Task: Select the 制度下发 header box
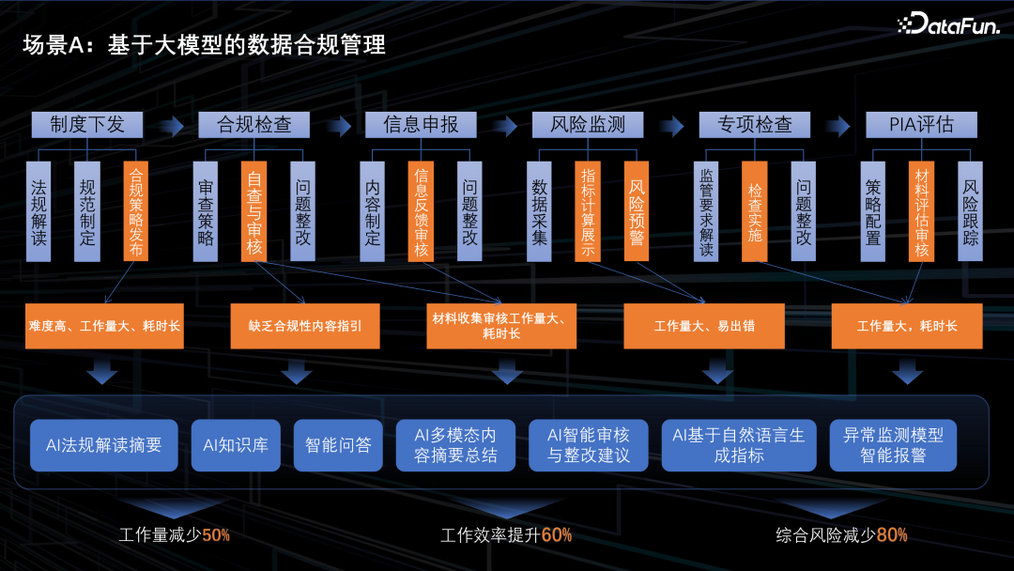[x=87, y=124]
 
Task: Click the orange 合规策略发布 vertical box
[x=136, y=211]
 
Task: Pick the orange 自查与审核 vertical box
[x=253, y=211]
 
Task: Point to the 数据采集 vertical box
[x=540, y=211]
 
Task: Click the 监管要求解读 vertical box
[x=706, y=211]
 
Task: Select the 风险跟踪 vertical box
[x=970, y=211]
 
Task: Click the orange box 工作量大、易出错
[x=704, y=327]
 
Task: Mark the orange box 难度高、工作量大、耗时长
[x=104, y=327]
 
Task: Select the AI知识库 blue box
[x=236, y=445]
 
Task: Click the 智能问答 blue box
[x=338, y=445]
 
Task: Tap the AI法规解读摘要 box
[x=104, y=445]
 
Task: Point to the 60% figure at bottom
[x=557, y=535]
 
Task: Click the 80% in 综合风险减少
[x=892, y=535]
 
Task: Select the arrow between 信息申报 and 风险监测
[x=504, y=124]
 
